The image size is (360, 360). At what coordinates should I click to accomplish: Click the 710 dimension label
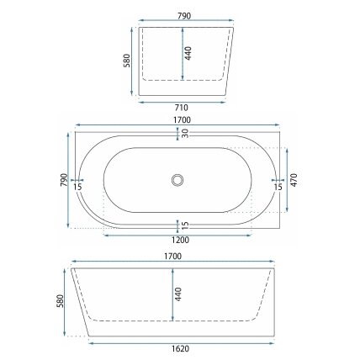click(x=182, y=108)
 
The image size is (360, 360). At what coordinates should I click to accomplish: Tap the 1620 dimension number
click(x=180, y=348)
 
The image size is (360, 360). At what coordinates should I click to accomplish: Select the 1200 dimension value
click(x=180, y=240)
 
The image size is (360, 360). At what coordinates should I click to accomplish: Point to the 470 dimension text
click(x=294, y=180)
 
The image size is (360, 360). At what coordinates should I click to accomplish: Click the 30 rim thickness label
click(x=185, y=134)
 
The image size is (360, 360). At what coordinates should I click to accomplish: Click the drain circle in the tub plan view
click(x=177, y=180)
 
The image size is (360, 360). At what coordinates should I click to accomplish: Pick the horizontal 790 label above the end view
click(x=184, y=16)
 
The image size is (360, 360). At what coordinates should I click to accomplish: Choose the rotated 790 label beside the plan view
click(x=64, y=180)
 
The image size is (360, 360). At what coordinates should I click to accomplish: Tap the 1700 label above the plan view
click(x=182, y=120)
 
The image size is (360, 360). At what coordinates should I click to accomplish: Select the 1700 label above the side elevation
click(x=173, y=257)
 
